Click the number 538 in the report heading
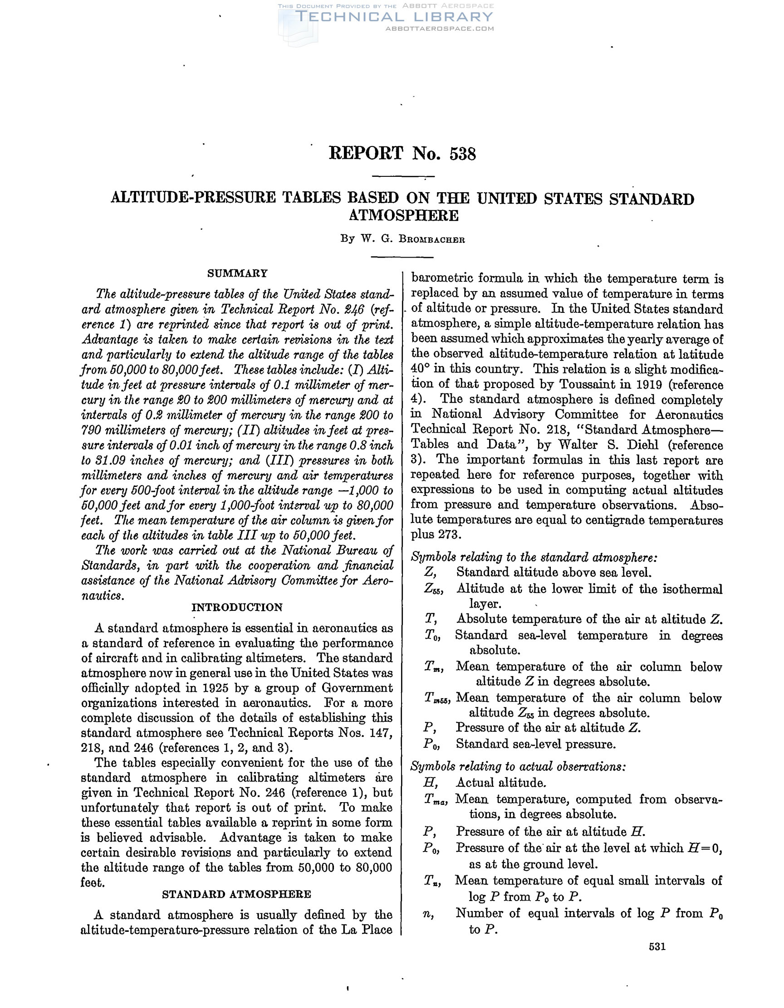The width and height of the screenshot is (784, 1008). pyautogui.click(x=462, y=154)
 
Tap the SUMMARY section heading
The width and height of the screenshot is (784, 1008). pyautogui.click(x=237, y=273)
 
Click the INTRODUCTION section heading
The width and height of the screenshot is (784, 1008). pyautogui.click(x=237, y=607)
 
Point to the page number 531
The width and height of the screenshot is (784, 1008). pyautogui.click(x=657, y=946)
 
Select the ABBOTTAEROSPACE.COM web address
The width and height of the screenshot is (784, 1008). pyautogui.click(x=439, y=29)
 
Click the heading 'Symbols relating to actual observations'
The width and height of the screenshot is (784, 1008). pyautogui.click(x=518, y=767)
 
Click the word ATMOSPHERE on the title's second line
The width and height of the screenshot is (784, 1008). pyautogui.click(x=403, y=215)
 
